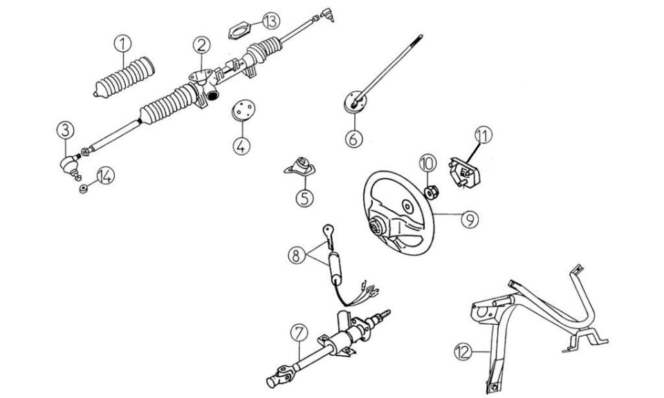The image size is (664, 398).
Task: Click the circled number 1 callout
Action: tap(123, 44)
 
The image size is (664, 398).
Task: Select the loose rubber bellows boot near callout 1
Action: tap(124, 77)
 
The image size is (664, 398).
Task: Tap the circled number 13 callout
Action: tap(271, 21)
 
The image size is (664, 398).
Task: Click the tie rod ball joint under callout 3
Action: tap(71, 165)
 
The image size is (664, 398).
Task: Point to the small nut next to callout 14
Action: tap(84, 188)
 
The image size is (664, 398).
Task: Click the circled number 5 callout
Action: tap(305, 198)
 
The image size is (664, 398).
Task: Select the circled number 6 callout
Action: tap(354, 138)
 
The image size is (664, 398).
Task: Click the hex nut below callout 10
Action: tap(432, 193)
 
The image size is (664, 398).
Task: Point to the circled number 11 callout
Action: tap(483, 135)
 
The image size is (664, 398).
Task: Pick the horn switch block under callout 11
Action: tap(464, 173)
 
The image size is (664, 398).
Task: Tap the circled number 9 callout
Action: tap(470, 219)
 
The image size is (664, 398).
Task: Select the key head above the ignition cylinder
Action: tap(328, 231)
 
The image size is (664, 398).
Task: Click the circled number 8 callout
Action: tap(296, 255)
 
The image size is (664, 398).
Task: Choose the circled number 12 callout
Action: tap(463, 352)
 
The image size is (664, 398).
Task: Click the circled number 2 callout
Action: tap(201, 45)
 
